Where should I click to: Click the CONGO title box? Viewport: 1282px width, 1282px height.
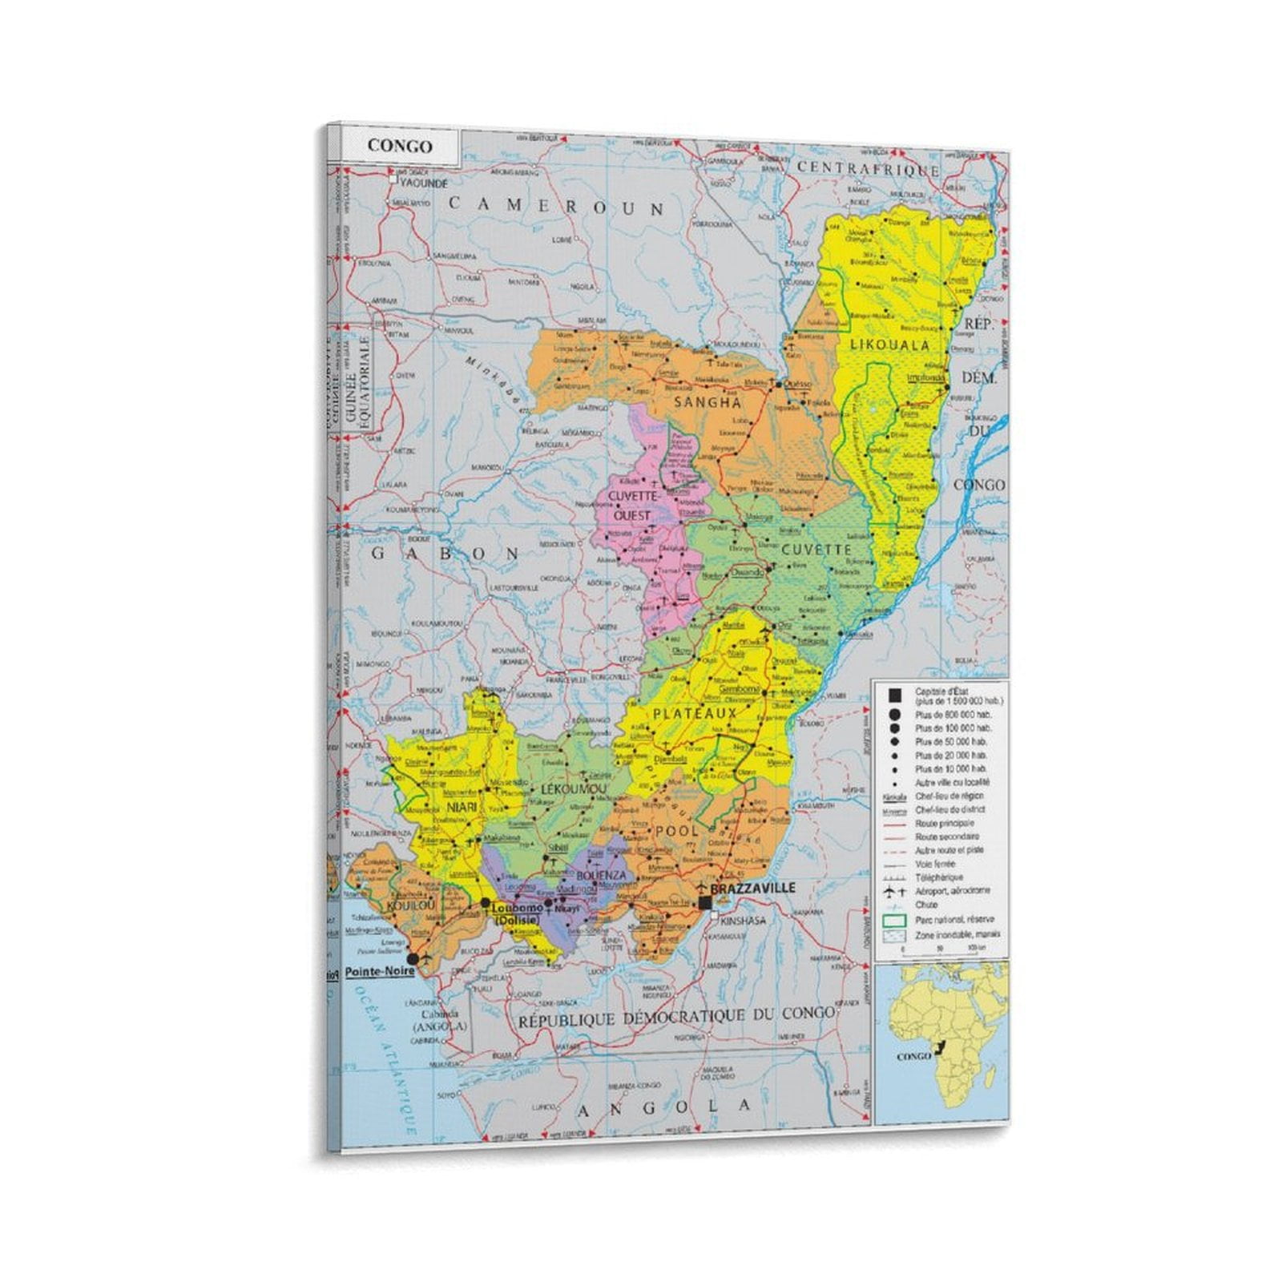click(400, 147)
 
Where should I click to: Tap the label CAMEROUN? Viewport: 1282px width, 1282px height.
click(556, 207)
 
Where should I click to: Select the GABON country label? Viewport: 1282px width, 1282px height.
click(446, 554)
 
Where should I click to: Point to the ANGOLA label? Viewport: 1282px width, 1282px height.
click(664, 1107)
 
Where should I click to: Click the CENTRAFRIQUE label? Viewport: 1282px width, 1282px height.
click(868, 168)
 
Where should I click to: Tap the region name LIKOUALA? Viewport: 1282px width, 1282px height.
click(889, 345)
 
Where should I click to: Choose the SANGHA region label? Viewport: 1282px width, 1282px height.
click(708, 402)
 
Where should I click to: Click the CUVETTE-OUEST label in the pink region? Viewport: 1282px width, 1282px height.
click(633, 506)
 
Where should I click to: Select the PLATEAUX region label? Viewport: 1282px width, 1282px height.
click(694, 713)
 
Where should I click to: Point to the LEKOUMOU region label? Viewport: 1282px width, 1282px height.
click(574, 789)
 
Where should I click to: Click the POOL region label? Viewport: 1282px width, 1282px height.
click(677, 832)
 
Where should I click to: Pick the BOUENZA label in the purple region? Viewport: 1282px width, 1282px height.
click(601, 876)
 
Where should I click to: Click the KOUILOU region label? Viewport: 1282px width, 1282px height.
click(410, 905)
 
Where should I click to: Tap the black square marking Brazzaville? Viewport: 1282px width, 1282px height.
click(705, 903)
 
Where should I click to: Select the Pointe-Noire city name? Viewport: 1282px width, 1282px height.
click(380, 971)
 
